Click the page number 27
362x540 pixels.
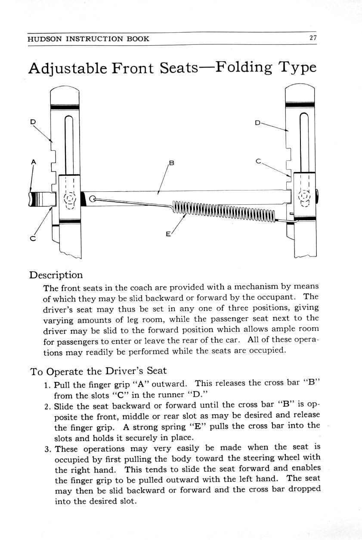click(313, 38)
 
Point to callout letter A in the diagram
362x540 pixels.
click(33, 162)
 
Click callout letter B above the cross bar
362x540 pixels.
click(171, 163)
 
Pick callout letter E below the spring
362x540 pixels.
click(168, 234)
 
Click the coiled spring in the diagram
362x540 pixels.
click(224, 210)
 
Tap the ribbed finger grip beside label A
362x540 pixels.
click(37, 200)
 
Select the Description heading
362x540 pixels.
click(56, 275)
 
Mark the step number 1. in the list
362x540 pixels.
click(48, 384)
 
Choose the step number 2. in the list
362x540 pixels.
click(48, 406)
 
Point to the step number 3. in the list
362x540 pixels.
click(48, 449)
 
